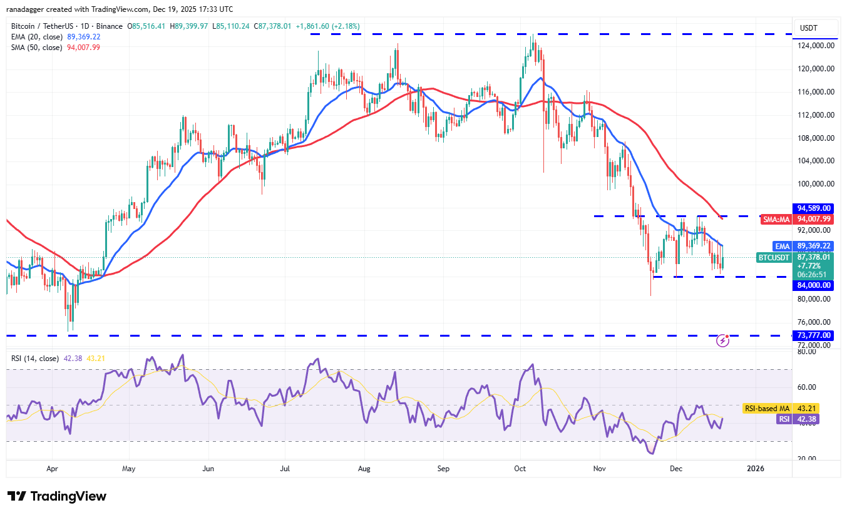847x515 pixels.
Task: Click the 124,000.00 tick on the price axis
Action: (x=814, y=46)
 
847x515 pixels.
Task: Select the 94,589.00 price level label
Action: (x=814, y=208)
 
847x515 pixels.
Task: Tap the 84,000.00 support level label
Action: (x=814, y=285)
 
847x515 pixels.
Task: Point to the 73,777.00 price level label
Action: (x=814, y=335)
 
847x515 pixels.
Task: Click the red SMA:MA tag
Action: (x=775, y=219)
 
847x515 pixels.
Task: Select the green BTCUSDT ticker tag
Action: (x=774, y=257)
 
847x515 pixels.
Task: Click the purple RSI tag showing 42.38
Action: (x=783, y=419)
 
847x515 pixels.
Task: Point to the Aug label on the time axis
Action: (x=364, y=467)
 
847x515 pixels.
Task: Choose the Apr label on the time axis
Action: (x=52, y=467)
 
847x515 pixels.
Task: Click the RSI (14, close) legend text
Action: (x=35, y=359)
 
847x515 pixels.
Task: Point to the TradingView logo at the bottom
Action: (x=57, y=496)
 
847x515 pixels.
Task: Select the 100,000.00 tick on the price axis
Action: (x=814, y=184)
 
